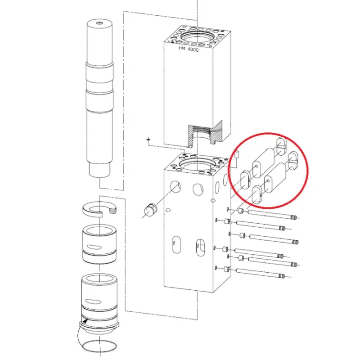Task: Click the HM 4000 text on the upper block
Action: (x=189, y=49)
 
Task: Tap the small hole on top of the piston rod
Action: (x=99, y=23)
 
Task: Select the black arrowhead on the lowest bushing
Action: (x=85, y=320)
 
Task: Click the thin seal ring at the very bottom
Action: (x=99, y=345)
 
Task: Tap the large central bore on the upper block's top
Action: (x=198, y=37)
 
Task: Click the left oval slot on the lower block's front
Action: (x=176, y=245)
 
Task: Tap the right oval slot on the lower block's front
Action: (x=200, y=247)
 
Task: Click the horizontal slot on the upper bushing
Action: (x=94, y=247)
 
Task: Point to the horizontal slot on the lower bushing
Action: (x=93, y=301)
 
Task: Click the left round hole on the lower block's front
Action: (x=175, y=186)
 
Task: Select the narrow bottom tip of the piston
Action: (x=99, y=170)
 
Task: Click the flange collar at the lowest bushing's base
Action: (x=99, y=325)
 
